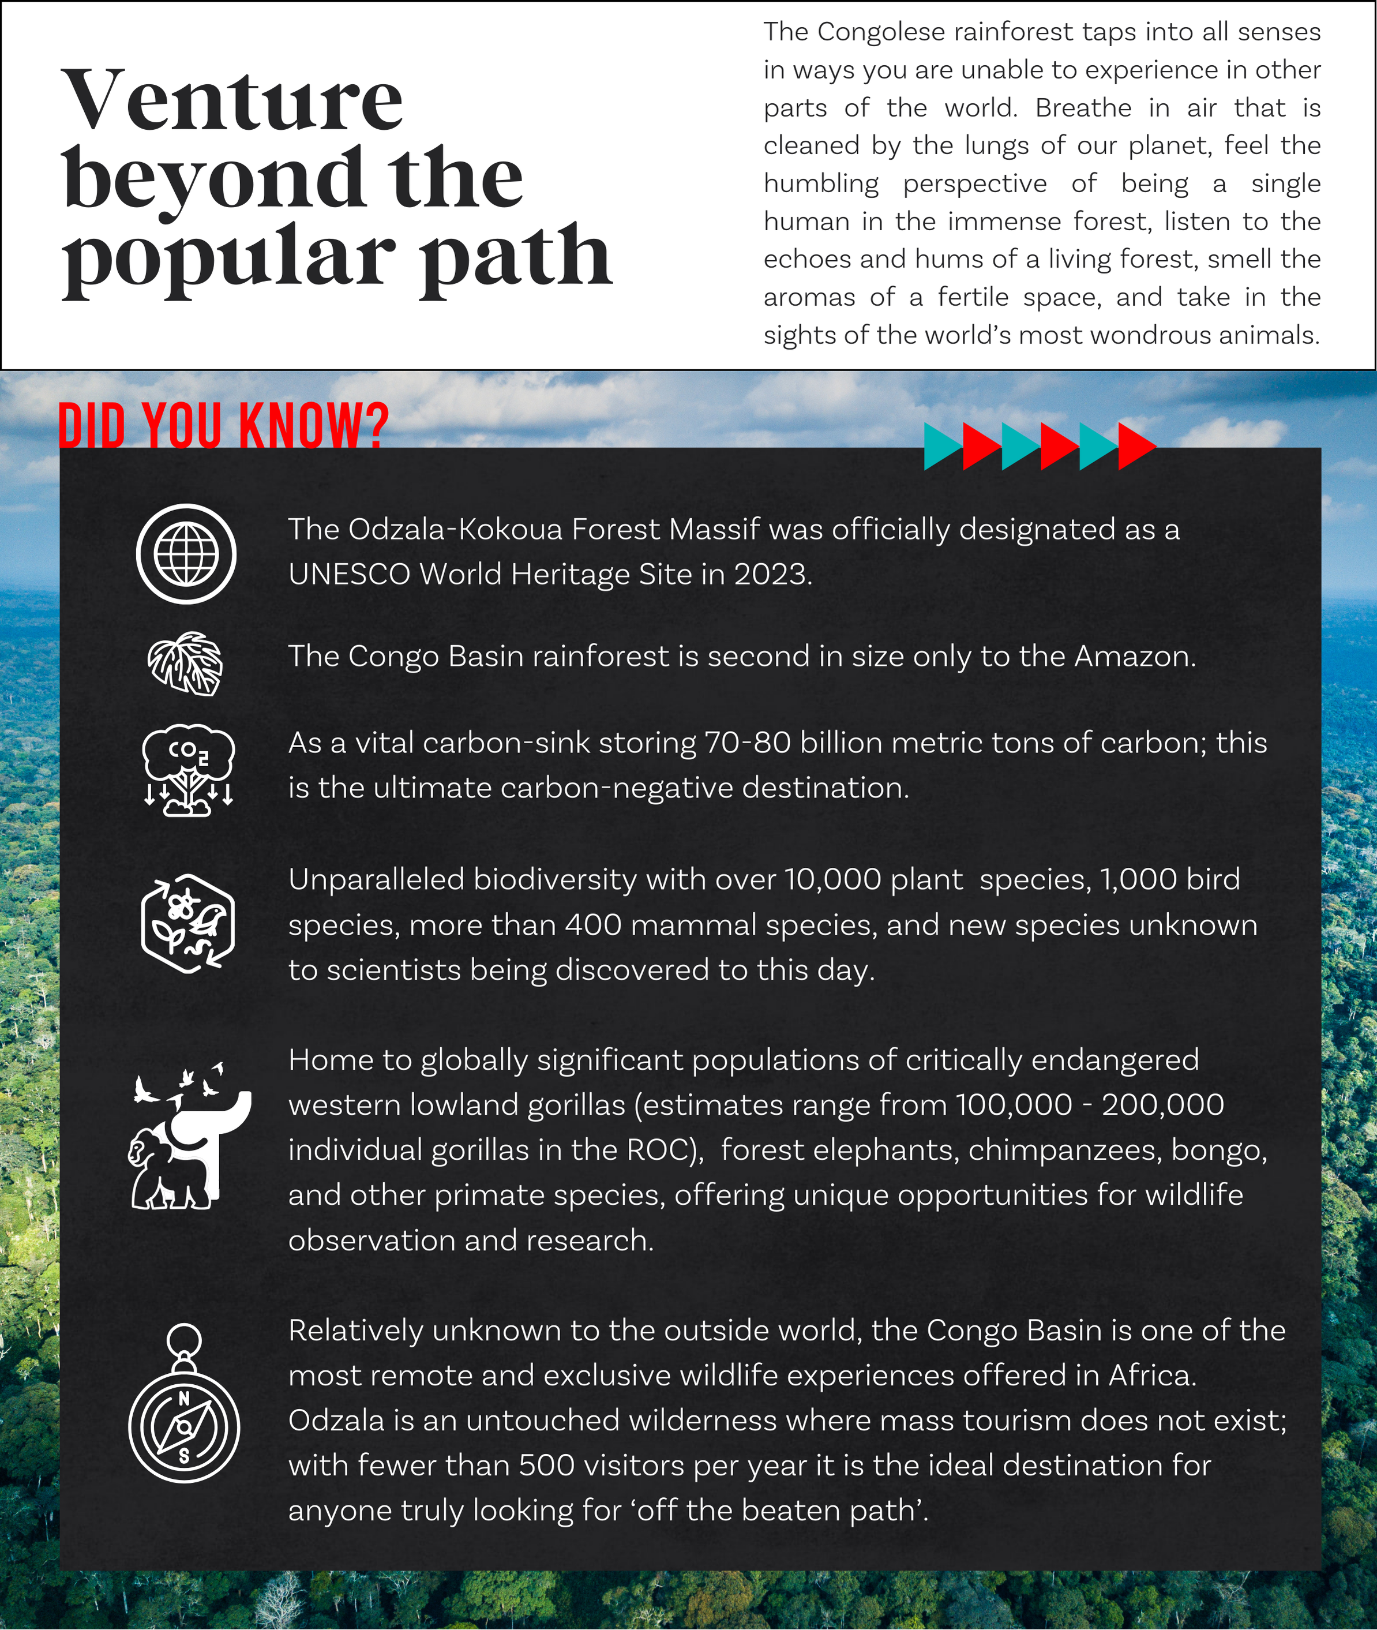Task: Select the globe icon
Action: [x=186, y=553]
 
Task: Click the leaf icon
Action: [x=186, y=664]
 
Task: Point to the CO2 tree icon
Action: [x=188, y=770]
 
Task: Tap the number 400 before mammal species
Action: [x=593, y=925]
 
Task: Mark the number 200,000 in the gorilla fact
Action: [x=1162, y=1104]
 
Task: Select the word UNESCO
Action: [x=349, y=575]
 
